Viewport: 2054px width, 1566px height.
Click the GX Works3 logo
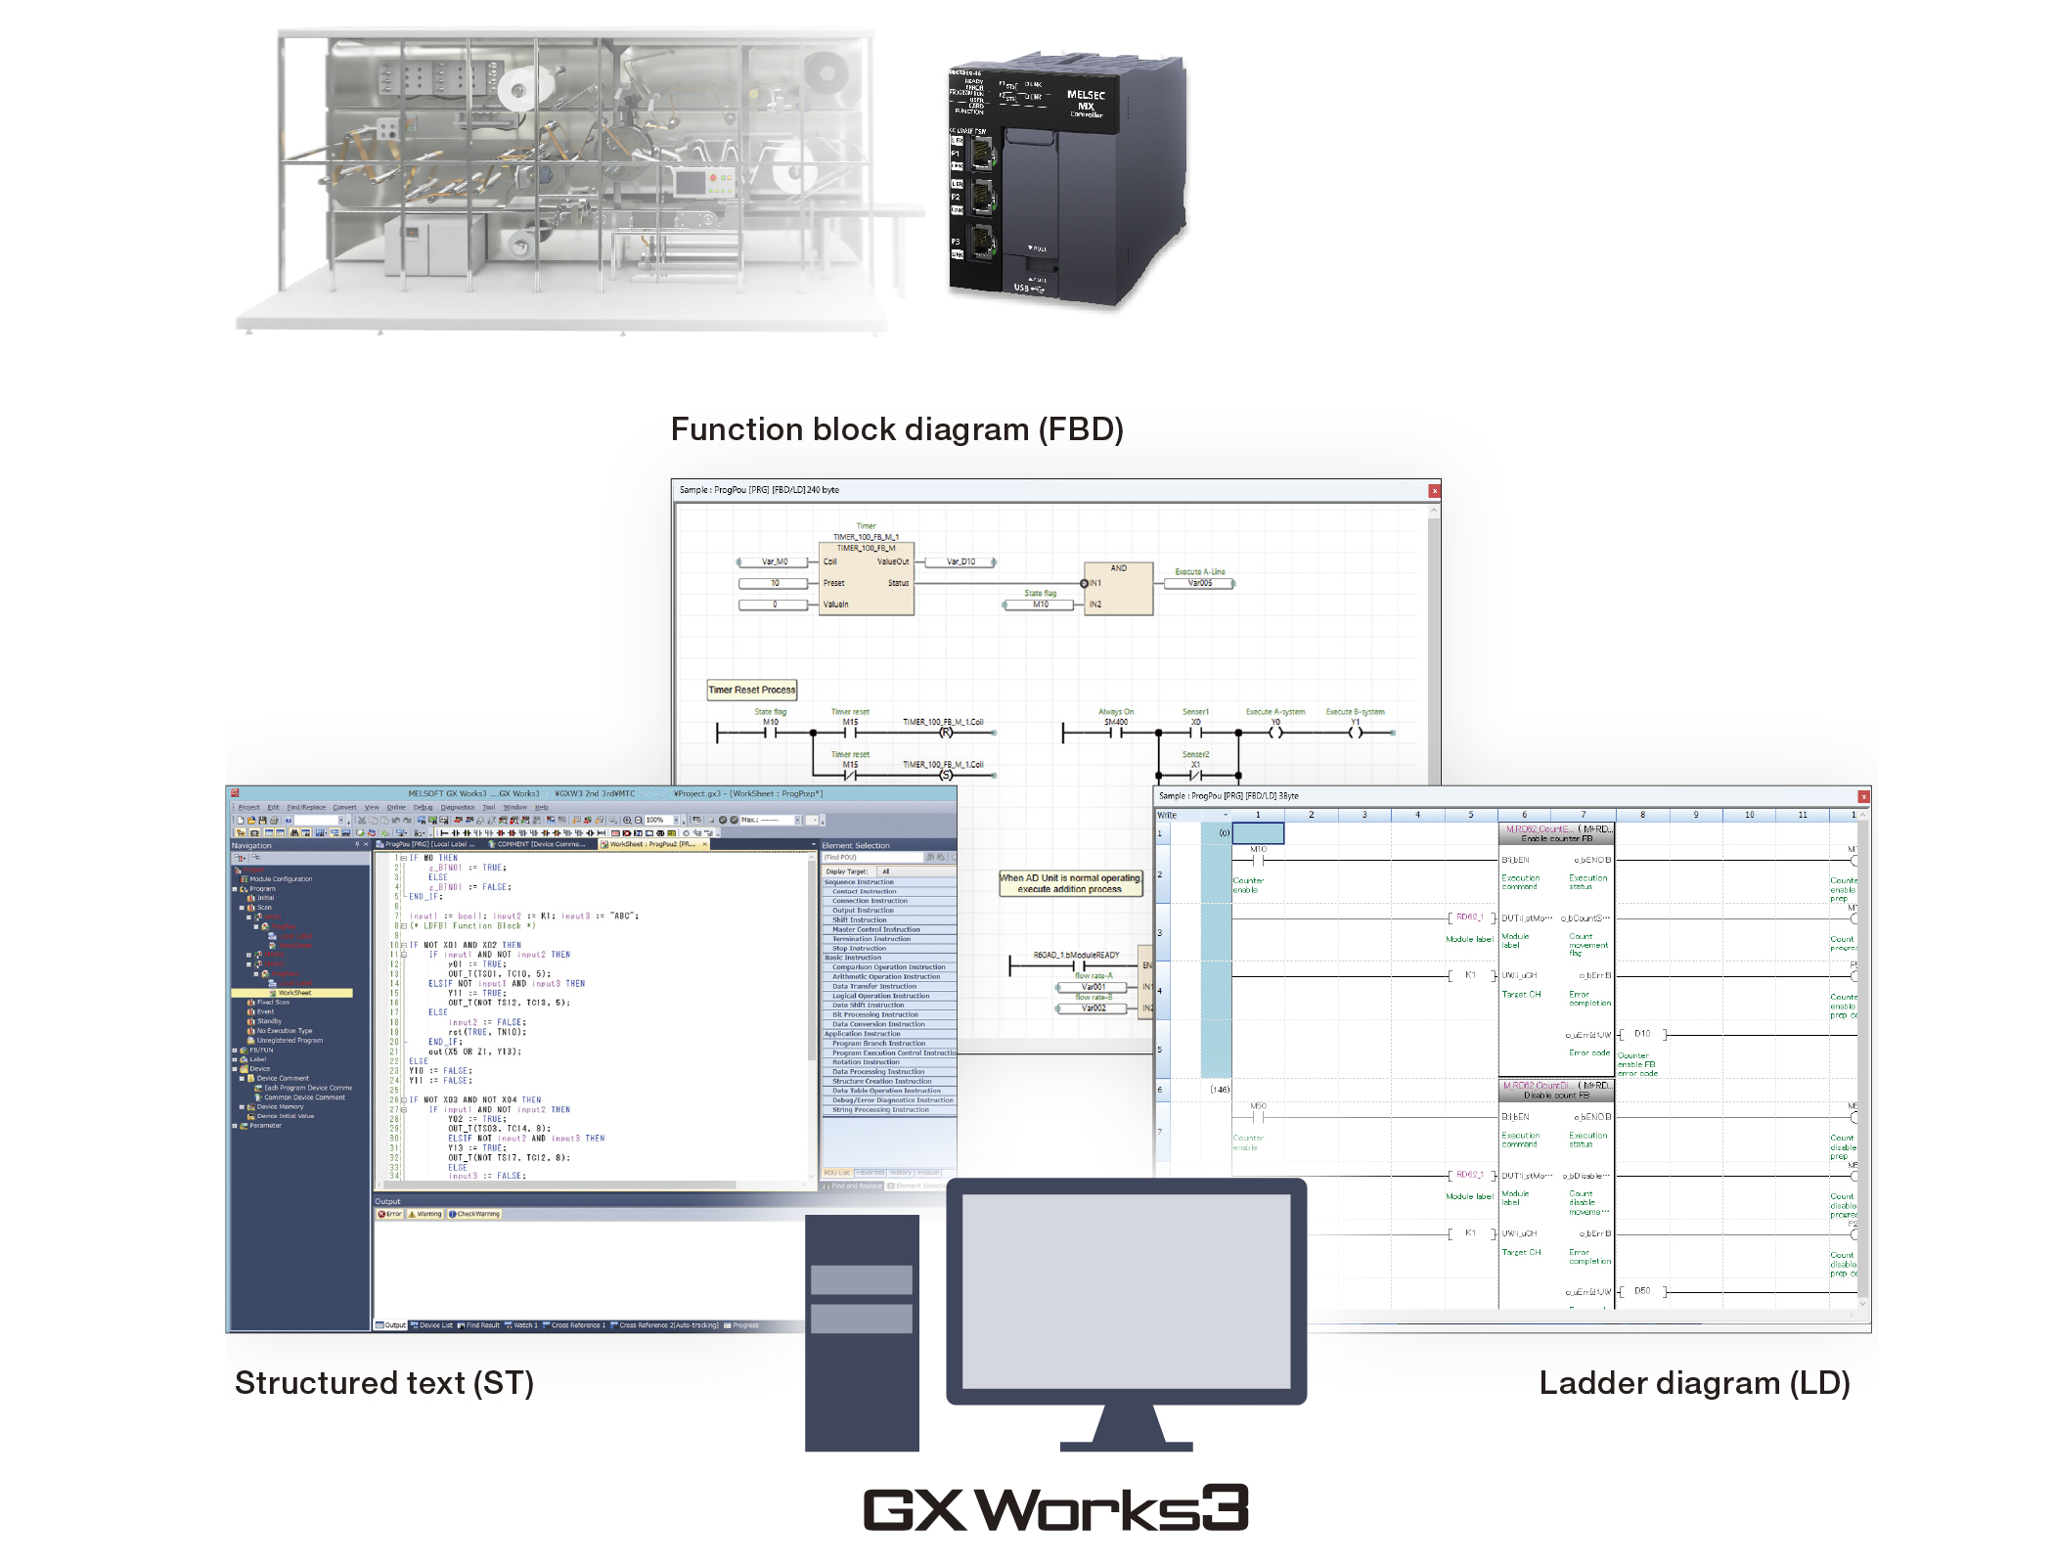click(1055, 1508)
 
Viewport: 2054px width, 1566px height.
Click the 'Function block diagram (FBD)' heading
click(897, 429)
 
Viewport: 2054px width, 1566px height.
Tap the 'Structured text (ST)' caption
click(384, 1383)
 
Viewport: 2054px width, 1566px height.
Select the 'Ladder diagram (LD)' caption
click(1694, 1383)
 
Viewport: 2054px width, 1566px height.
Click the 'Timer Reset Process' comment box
click(751, 690)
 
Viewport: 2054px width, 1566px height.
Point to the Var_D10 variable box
click(960, 562)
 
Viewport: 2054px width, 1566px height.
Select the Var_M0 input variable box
click(775, 562)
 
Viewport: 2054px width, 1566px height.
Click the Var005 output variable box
click(1199, 584)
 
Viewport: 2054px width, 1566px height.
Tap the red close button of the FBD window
click(1434, 491)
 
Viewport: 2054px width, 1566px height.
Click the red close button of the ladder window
click(1863, 797)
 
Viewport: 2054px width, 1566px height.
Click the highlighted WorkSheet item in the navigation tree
click(293, 993)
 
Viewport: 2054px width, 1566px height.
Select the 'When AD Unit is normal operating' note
click(1070, 883)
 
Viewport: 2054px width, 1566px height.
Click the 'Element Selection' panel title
click(856, 845)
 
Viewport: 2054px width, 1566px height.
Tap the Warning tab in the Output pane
click(425, 1214)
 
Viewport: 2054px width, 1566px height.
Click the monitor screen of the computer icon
click(1126, 1291)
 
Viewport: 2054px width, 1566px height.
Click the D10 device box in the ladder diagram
click(1642, 1034)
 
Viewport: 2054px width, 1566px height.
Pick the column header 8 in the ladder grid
click(1642, 815)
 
